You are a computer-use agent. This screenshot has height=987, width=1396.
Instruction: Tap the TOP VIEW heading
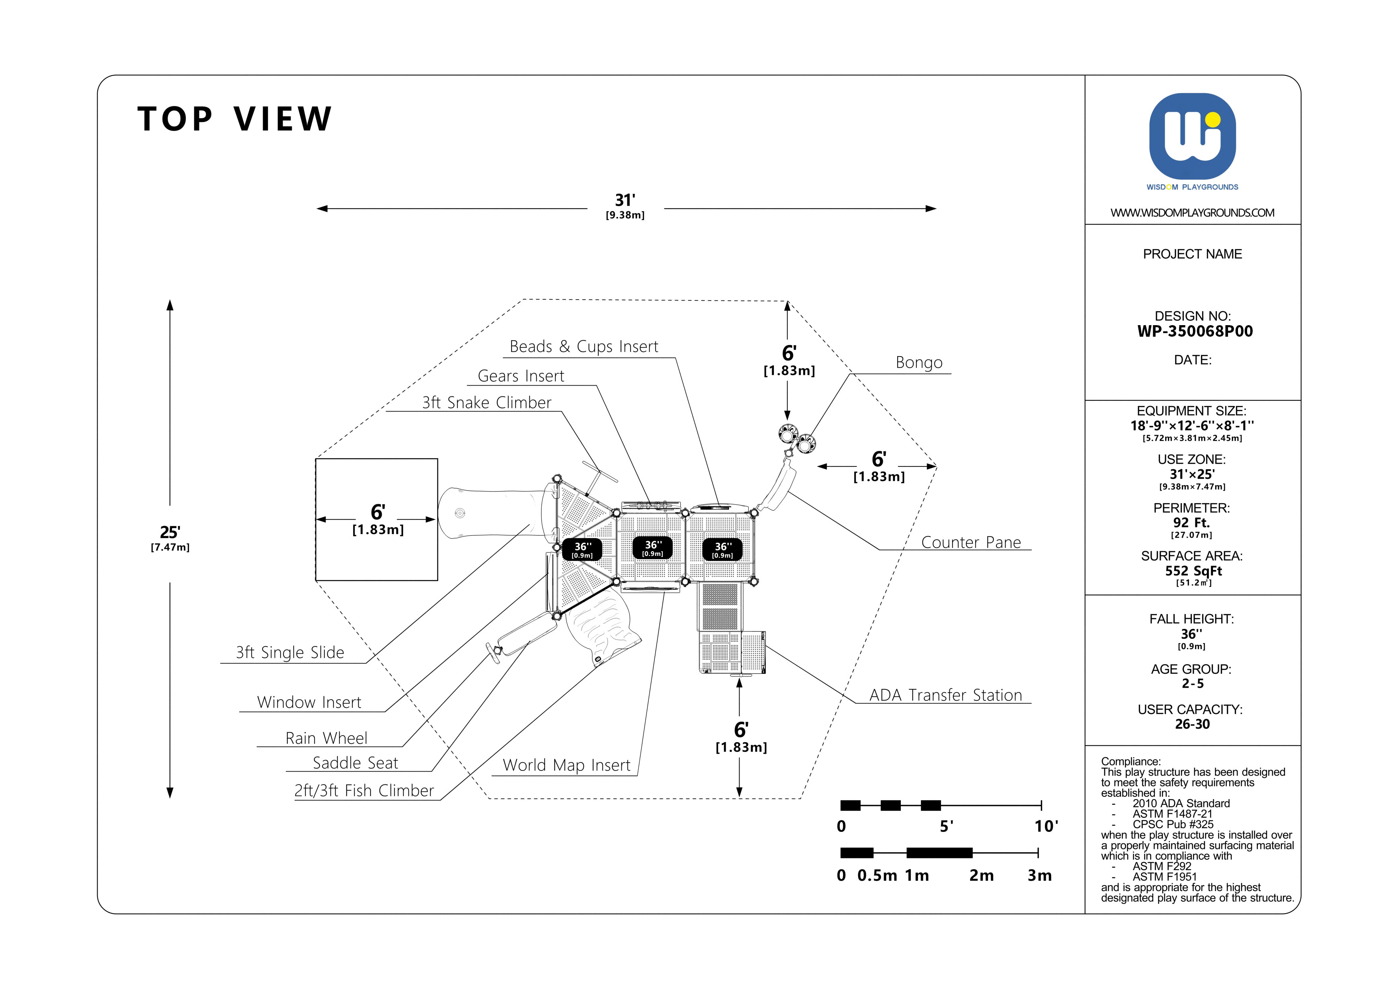235,119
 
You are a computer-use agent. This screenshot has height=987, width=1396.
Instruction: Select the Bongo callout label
919,363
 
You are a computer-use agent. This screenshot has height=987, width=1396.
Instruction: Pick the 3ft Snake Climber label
486,403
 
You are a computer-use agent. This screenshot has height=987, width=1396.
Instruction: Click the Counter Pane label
971,543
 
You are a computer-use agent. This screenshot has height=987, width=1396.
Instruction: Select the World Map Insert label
567,765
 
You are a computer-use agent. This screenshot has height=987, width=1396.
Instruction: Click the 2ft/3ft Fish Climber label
363,791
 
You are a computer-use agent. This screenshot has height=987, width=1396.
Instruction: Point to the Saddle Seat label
355,763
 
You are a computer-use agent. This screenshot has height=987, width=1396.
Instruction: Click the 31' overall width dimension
625,201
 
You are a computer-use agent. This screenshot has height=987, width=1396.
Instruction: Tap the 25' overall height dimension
170,533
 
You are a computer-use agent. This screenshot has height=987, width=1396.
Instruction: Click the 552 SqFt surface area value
1193,571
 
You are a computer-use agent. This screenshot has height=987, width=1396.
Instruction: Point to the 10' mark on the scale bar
1046,827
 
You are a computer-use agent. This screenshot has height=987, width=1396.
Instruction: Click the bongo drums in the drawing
797,438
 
